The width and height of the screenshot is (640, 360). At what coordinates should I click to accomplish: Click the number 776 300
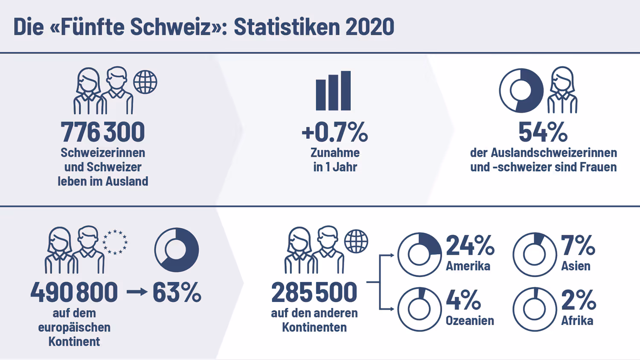(103, 132)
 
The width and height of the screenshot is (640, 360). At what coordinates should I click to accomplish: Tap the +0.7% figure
(335, 132)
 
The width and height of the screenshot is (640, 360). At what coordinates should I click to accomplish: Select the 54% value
(543, 132)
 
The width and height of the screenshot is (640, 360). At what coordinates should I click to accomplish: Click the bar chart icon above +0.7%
(333, 91)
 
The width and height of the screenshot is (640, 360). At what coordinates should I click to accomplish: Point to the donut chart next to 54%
(521, 90)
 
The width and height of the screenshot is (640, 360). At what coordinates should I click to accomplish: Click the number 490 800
(74, 292)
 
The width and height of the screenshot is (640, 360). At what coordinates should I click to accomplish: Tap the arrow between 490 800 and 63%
(137, 292)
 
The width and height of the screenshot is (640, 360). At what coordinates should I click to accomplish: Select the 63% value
(177, 292)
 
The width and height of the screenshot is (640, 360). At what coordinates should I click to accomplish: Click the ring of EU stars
(115, 242)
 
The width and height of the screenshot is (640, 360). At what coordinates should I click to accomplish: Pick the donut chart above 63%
(177, 250)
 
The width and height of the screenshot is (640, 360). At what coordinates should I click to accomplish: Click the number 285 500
(314, 292)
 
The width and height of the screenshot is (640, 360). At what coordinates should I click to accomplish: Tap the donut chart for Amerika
(419, 255)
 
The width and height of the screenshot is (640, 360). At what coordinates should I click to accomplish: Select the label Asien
(576, 266)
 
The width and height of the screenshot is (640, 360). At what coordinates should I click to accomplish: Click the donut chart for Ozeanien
(419, 309)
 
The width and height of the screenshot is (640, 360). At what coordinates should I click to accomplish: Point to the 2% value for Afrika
(578, 300)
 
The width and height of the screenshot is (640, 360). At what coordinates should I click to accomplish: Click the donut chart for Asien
(535, 255)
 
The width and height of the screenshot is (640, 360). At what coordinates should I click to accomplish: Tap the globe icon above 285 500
(356, 241)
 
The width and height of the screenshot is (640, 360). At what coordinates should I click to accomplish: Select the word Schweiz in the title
(171, 27)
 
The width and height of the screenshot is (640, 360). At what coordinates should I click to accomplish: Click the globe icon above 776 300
(145, 82)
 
